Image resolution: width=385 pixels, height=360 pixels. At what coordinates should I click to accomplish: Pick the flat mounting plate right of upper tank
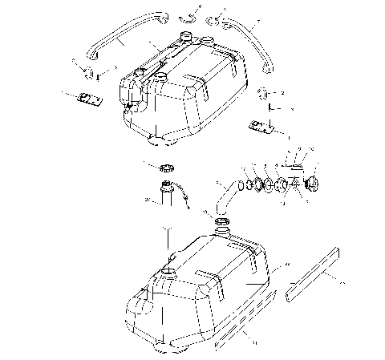[x=261, y=125]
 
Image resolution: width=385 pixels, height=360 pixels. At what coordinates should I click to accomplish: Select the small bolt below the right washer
[x=272, y=106]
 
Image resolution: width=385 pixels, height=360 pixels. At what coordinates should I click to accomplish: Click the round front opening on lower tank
[x=168, y=274]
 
